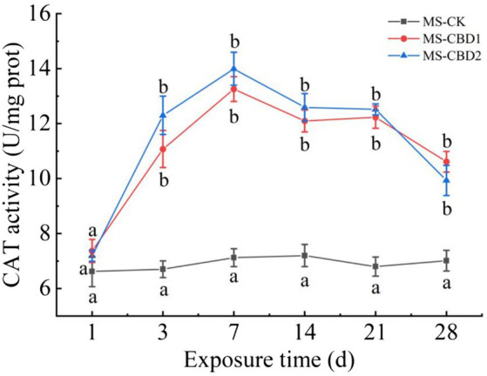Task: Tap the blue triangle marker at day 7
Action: click(x=233, y=69)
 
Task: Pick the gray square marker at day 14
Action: click(x=304, y=255)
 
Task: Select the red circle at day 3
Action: click(x=163, y=149)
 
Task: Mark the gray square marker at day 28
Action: click(x=446, y=260)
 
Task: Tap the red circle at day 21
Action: click(x=375, y=117)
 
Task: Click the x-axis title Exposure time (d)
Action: click(x=268, y=356)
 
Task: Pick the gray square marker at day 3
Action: click(x=163, y=269)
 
